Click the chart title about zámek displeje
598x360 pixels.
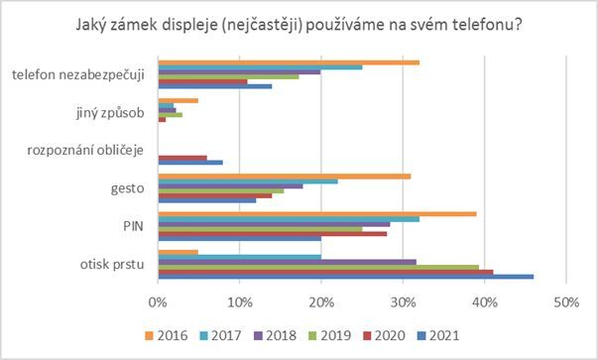pyautogui.click(x=299, y=24)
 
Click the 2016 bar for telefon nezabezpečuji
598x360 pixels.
pyautogui.click(x=288, y=61)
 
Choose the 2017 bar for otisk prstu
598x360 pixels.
pyautogui.click(x=239, y=256)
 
